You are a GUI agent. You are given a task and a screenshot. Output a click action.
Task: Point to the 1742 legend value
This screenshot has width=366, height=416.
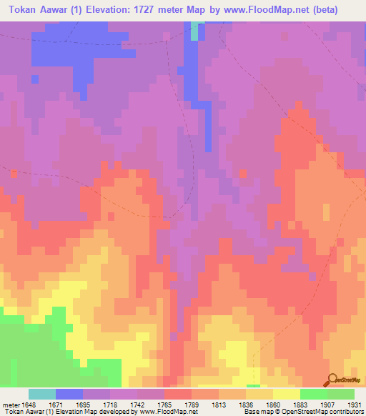(x=139, y=404)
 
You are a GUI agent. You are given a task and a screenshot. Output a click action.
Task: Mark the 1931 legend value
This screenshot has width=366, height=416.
(x=355, y=404)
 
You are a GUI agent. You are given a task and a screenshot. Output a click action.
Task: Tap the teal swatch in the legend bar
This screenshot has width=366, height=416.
(x=42, y=394)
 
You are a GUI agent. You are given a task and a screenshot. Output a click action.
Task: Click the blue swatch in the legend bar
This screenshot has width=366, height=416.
(x=69, y=394)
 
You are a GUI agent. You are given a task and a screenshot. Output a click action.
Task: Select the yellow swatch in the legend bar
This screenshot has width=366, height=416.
(x=287, y=394)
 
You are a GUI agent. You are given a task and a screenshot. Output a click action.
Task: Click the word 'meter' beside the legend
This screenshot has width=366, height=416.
(x=11, y=404)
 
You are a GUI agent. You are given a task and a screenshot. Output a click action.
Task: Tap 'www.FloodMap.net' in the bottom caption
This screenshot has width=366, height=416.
(x=168, y=412)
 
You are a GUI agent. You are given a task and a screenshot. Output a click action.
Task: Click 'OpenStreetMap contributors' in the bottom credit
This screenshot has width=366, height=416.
(x=325, y=412)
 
